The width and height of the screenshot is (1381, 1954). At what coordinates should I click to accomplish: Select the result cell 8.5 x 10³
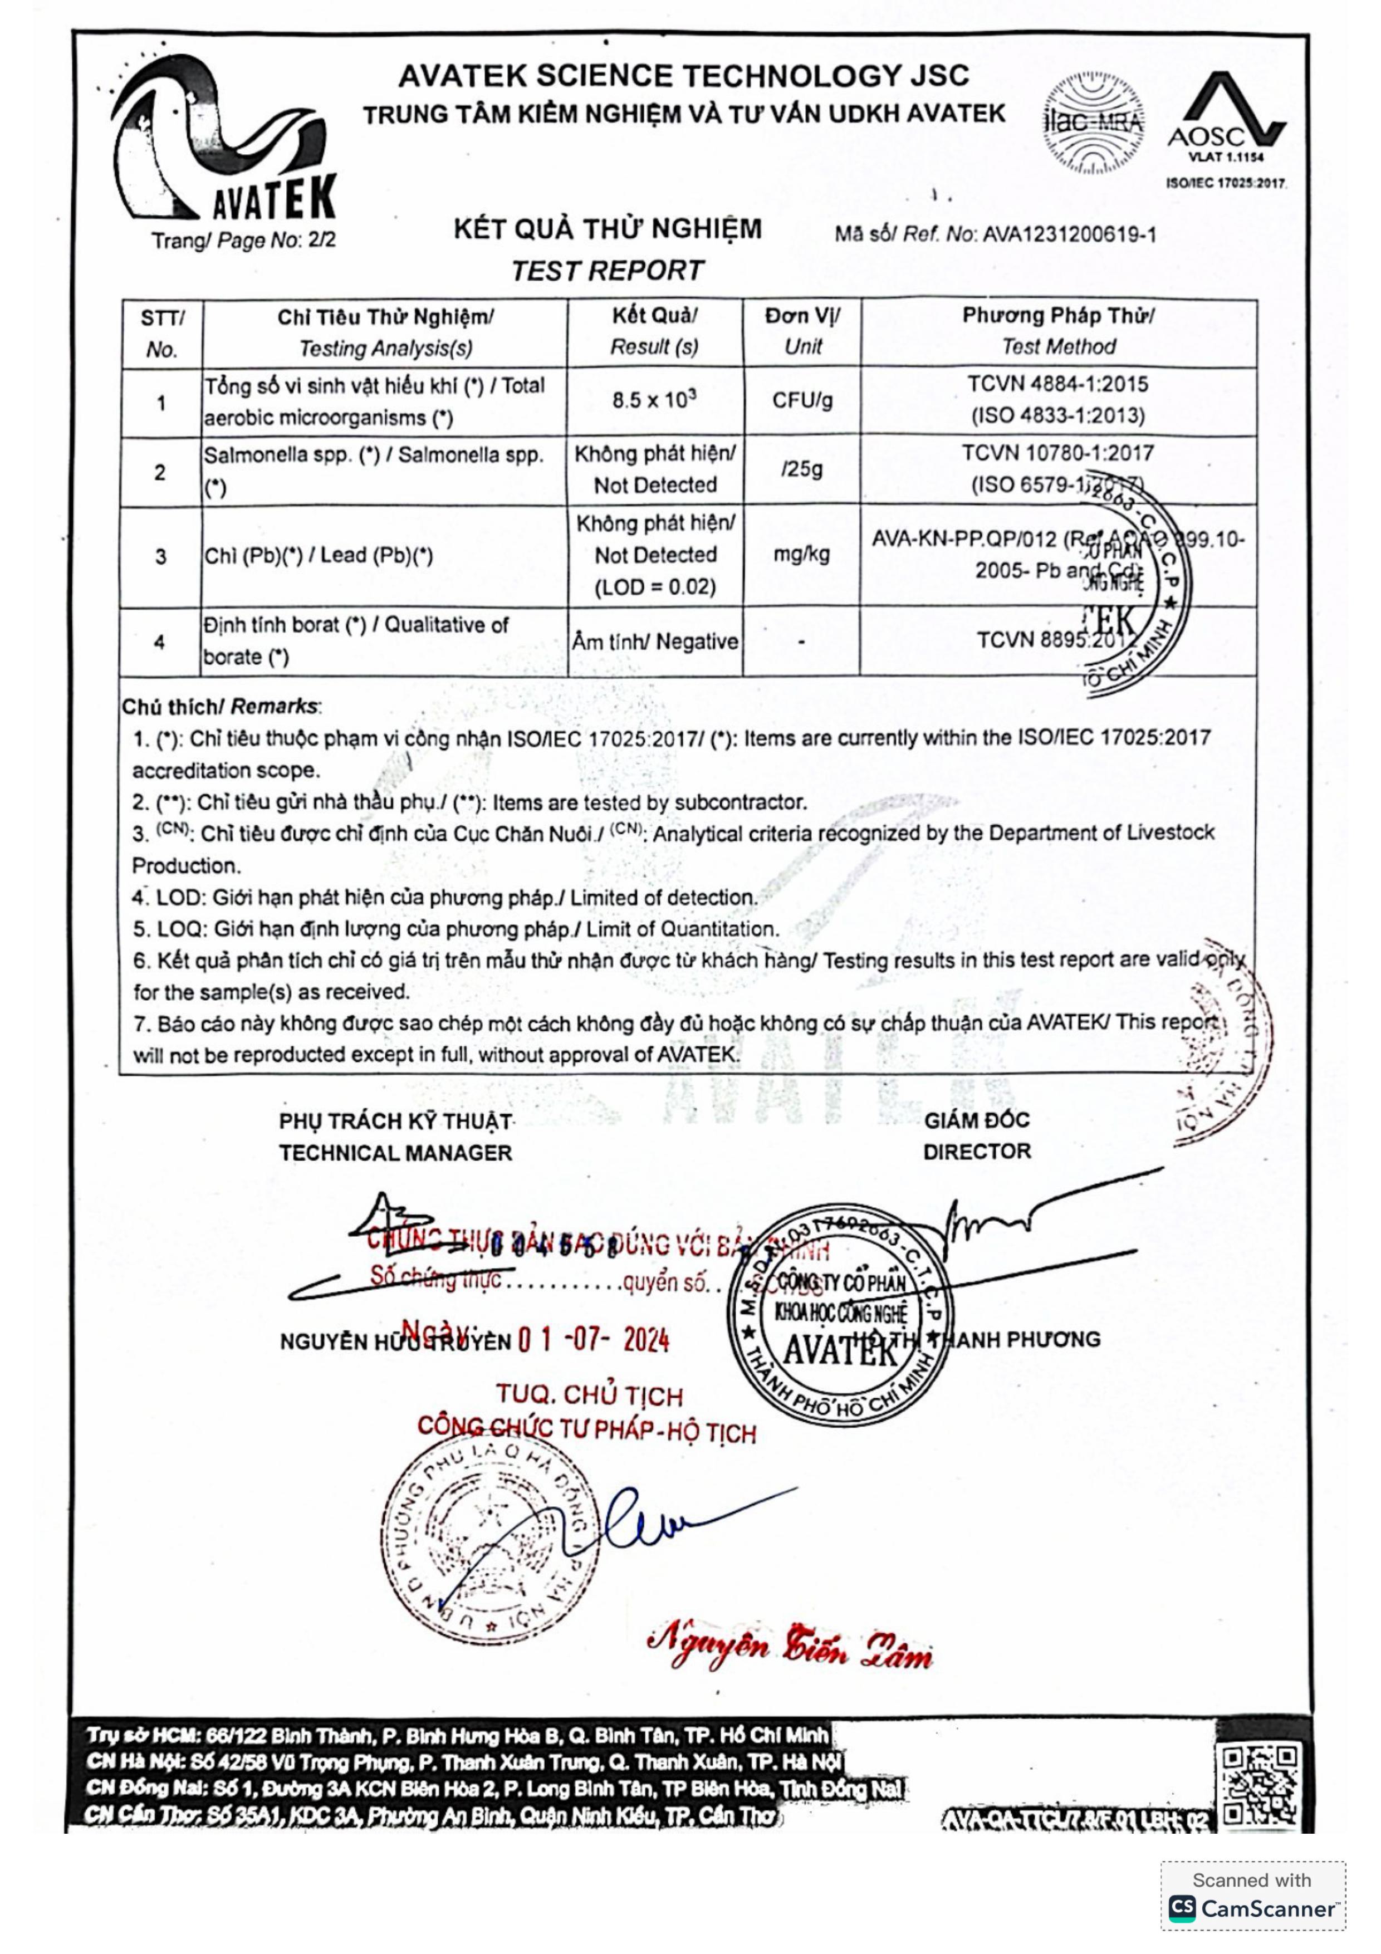654,400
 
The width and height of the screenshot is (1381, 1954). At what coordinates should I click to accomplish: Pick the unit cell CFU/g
801,400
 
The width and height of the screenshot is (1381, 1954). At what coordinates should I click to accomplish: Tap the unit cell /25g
801,469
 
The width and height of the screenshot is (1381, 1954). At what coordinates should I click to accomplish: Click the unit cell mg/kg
801,555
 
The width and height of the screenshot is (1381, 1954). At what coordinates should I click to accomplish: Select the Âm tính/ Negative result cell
654,641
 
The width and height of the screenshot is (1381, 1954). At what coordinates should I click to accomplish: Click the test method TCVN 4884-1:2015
1057,384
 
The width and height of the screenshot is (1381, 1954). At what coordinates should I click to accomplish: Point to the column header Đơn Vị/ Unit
801,331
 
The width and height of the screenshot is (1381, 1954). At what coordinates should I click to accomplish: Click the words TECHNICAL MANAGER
396,1153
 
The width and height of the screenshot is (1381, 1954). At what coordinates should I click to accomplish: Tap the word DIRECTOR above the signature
976,1152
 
